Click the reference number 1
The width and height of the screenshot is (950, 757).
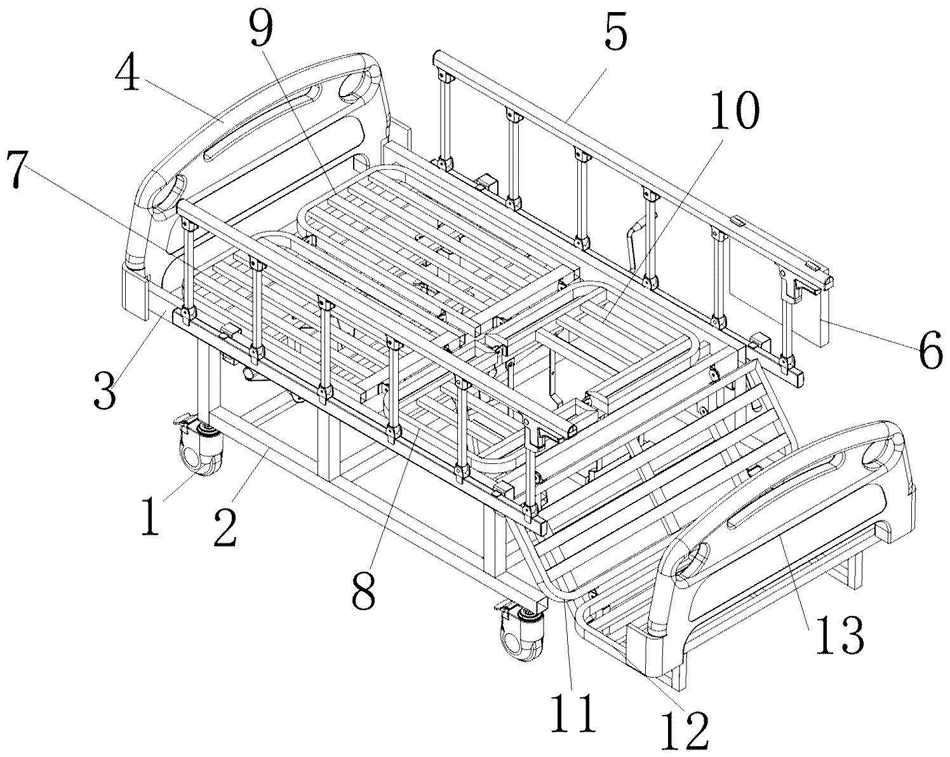tap(151, 515)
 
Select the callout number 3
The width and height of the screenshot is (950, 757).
tap(105, 390)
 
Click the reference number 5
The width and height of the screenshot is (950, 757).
tap(615, 36)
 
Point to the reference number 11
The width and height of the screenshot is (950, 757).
tap(573, 712)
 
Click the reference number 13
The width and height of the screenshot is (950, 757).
tap(839, 634)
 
